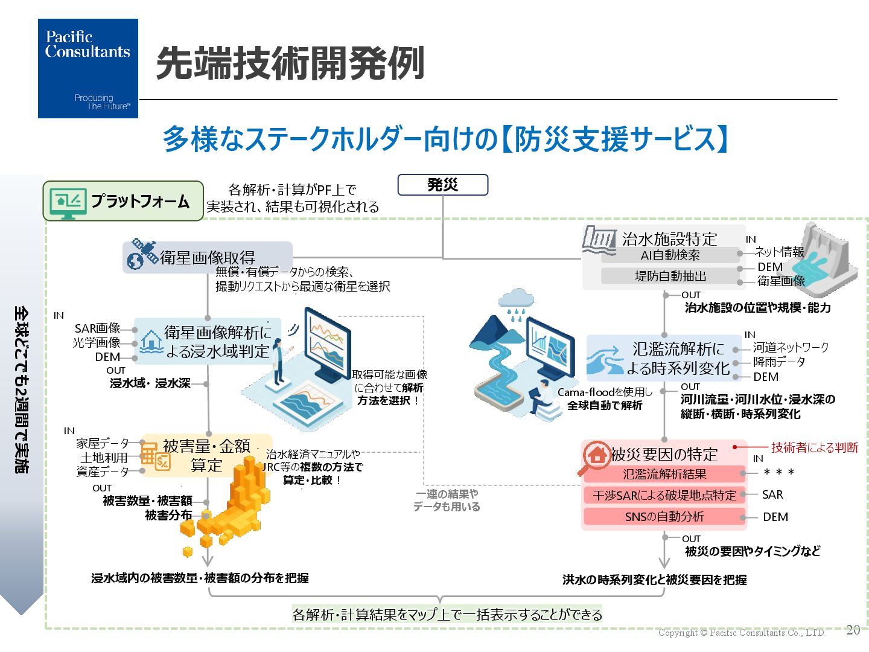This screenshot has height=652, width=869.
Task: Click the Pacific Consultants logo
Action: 88,68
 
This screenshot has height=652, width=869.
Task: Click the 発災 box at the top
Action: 442,185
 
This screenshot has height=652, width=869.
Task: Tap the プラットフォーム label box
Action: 123,201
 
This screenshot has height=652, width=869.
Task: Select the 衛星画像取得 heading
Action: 207,258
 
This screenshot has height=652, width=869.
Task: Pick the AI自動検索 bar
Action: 670,255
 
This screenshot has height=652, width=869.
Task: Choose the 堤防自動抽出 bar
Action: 670,276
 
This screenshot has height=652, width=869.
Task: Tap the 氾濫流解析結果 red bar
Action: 664,475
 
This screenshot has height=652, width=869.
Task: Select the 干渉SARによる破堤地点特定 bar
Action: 664,496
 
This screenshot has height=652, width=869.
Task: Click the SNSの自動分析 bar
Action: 664,517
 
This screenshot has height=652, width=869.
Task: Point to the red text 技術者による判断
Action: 814,447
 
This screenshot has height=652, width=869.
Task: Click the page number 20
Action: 853,630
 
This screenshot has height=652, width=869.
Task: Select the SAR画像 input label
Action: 97,328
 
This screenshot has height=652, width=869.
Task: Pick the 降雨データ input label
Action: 778,362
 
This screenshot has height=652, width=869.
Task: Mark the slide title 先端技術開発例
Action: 290,63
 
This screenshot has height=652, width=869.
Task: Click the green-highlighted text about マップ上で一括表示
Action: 447,615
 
